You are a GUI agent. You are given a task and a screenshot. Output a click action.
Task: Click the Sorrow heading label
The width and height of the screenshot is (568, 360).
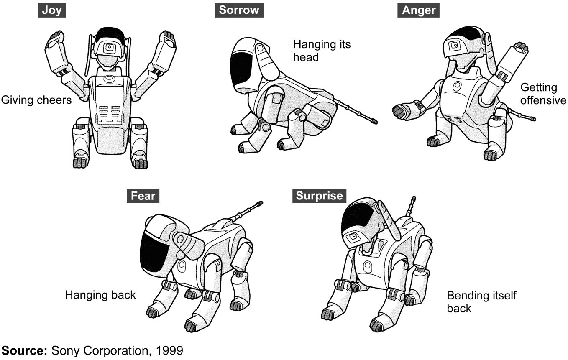pos(239,10)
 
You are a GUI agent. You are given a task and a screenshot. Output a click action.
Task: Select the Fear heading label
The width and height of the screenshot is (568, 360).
pos(143,195)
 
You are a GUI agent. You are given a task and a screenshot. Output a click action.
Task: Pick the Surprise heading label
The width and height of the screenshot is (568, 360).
pos(320,195)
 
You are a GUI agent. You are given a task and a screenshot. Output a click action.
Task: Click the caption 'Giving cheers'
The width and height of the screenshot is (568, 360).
pos(36,100)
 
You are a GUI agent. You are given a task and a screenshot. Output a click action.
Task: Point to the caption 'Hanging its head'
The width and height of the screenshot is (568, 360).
pos(321,50)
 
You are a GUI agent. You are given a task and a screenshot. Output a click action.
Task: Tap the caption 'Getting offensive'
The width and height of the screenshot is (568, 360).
pos(543,94)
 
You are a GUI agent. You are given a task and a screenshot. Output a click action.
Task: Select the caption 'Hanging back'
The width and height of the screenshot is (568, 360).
pos(100,295)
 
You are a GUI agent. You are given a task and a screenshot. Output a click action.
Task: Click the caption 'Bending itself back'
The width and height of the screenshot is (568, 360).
pos(481,302)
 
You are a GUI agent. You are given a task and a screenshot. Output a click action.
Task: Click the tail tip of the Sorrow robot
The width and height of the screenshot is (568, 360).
pos(374,122)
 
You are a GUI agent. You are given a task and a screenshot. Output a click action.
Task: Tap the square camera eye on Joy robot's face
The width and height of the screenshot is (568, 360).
pos(110,48)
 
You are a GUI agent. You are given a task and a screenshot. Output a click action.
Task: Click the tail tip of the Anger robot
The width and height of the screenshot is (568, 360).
pos(532,119)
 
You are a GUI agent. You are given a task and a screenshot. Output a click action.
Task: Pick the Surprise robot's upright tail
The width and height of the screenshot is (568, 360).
pos(411,208)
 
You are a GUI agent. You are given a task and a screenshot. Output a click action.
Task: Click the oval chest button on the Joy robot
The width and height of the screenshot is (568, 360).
pos(110,78)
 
